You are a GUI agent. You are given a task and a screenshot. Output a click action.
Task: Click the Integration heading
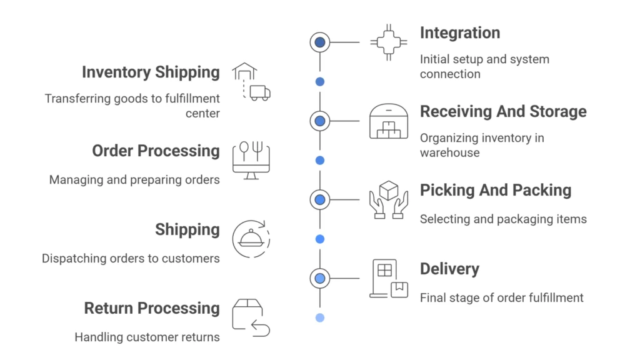click(x=459, y=33)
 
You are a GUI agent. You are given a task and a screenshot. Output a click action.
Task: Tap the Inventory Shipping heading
click(x=151, y=72)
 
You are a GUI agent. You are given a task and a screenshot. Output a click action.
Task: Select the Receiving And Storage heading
click(x=503, y=112)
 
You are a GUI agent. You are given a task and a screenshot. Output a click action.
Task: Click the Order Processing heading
click(x=156, y=151)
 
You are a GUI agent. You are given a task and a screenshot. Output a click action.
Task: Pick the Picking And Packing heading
click(x=495, y=191)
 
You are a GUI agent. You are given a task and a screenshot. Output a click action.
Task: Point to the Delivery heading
click(x=449, y=269)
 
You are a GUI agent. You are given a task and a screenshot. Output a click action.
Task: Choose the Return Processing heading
click(x=152, y=309)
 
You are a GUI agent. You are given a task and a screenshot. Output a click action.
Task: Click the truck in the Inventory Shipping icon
click(x=259, y=93)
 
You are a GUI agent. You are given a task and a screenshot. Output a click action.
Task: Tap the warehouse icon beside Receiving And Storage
click(x=388, y=121)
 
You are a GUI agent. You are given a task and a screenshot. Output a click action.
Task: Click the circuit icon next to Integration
click(x=388, y=42)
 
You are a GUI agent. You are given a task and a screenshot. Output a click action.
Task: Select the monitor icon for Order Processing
click(x=251, y=161)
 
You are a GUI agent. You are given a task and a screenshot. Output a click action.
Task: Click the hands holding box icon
click(x=388, y=199)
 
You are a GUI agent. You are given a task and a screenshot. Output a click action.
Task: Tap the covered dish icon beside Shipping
click(x=251, y=239)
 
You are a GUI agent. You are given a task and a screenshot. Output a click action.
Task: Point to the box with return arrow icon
click(x=251, y=318)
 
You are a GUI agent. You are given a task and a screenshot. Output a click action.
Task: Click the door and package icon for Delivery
click(x=388, y=278)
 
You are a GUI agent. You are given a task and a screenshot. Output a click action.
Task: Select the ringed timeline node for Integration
click(x=320, y=42)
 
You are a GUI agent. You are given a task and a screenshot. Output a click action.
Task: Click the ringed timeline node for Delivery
click(x=320, y=278)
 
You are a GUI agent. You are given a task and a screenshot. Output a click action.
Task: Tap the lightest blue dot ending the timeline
click(x=320, y=317)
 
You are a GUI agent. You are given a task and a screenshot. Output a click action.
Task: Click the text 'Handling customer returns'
click(x=147, y=337)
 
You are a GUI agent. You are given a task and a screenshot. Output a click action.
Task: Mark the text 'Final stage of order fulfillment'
click(x=501, y=297)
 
